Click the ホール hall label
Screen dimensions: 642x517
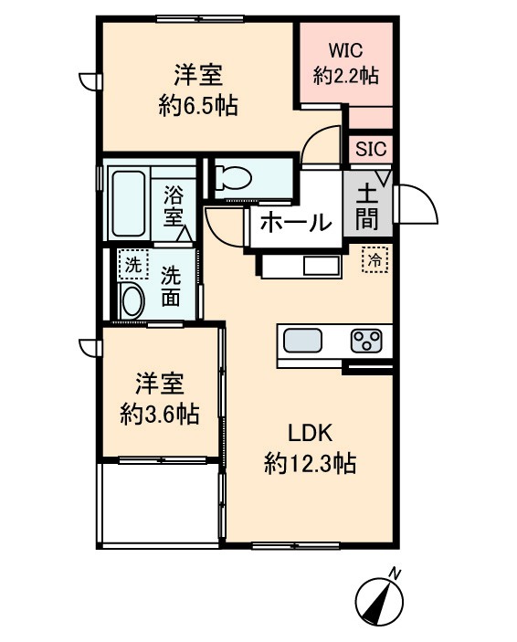point(294,221)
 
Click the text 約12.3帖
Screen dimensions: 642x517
point(310,464)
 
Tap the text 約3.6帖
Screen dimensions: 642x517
point(160,413)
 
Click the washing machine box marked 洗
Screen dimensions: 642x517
point(133,264)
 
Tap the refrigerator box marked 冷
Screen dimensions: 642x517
point(375,259)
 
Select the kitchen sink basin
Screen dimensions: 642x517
point(302,342)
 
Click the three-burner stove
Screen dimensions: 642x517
point(367,342)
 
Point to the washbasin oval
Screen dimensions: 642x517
point(132,300)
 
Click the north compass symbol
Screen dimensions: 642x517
point(379,601)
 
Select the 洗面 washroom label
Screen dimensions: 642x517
point(171,284)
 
